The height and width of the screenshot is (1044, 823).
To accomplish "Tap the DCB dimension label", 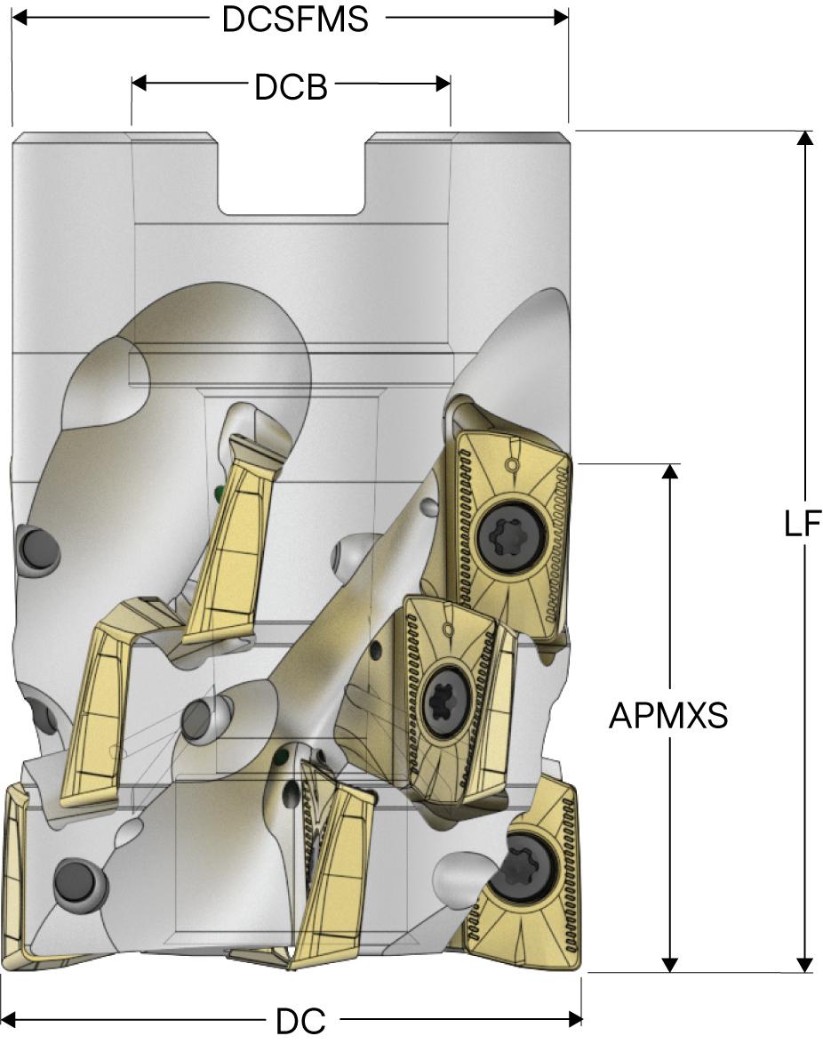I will [291, 86].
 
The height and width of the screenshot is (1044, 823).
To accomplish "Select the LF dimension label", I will [802, 524].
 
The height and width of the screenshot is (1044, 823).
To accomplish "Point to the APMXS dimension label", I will [668, 715].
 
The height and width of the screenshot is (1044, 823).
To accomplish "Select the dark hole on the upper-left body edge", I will [36, 544].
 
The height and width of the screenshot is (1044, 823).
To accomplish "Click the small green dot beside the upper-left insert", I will [220, 492].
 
